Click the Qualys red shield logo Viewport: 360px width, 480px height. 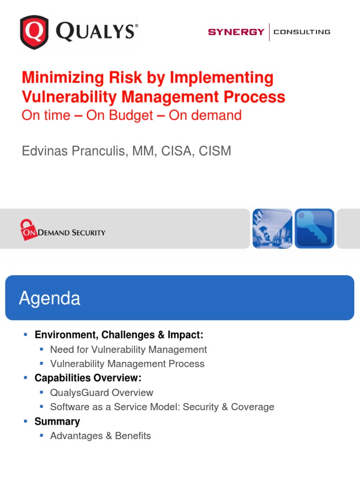pos(34,32)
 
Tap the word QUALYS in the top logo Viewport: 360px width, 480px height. pos(97,32)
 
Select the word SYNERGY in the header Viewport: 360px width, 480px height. pos(236,32)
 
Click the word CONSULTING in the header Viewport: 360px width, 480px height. pos(302,32)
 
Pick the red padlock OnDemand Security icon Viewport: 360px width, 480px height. pos(28,230)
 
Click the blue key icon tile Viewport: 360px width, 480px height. pos(314,228)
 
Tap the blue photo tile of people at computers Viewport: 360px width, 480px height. pos(272,228)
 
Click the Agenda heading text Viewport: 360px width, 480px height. pos(50,299)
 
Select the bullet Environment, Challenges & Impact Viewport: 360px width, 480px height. pos(119,335)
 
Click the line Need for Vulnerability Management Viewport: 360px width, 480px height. pos(128,350)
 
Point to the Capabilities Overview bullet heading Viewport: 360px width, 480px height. pos(88,378)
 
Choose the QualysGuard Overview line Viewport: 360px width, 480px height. pos(101,393)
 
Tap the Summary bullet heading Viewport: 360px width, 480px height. pos(57,421)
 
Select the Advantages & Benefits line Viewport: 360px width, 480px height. pos(100,436)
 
